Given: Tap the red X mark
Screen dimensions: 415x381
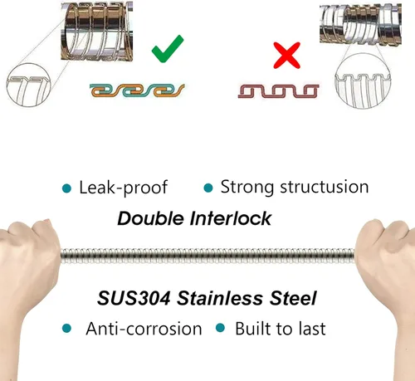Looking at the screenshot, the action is [x=287, y=56].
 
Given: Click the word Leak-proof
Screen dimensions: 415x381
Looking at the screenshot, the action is [x=123, y=188].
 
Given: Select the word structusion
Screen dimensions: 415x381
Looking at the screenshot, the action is [x=325, y=187].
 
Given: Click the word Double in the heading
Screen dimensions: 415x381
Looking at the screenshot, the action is [x=151, y=218].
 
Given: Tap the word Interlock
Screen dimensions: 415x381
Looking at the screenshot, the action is [x=231, y=218].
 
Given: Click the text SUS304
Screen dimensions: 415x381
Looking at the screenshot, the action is [x=134, y=298].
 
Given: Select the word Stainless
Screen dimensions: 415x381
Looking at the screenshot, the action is [x=220, y=298].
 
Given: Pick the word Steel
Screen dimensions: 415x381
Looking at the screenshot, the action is [x=293, y=298].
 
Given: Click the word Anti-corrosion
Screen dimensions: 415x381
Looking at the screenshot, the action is [x=144, y=329].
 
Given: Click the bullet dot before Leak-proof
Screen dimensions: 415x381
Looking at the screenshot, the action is [x=66, y=188].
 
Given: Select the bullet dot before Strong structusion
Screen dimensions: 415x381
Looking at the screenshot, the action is [x=208, y=188].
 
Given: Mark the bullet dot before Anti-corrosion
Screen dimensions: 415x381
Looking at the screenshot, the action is [x=66, y=329].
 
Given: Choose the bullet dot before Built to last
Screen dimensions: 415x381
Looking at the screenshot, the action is [x=220, y=328].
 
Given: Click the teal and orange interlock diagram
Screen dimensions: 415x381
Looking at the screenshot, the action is [x=137, y=90].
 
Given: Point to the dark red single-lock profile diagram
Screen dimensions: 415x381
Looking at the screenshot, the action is [x=278, y=91].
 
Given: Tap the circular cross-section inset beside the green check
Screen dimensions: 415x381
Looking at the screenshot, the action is [x=29, y=85].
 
